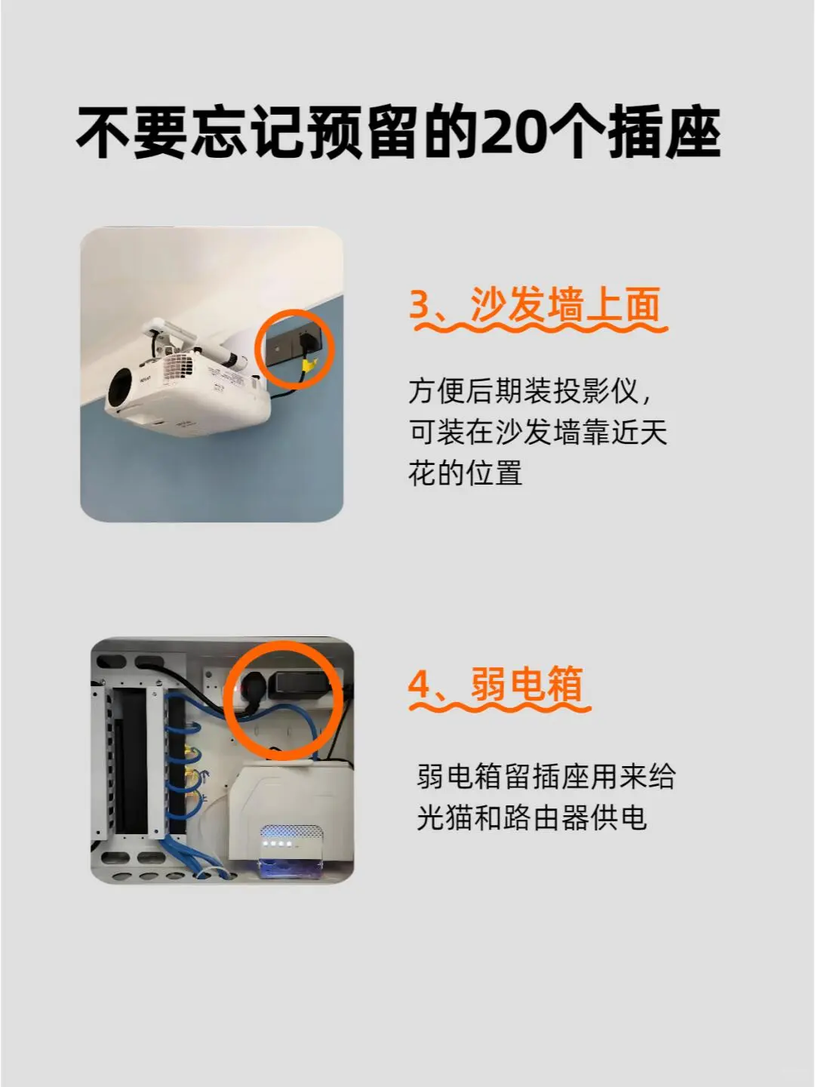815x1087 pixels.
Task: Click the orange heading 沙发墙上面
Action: (x=566, y=304)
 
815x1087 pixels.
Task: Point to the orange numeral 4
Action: (x=420, y=685)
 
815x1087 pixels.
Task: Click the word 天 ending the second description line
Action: (x=654, y=432)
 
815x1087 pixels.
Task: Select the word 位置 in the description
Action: (x=495, y=473)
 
